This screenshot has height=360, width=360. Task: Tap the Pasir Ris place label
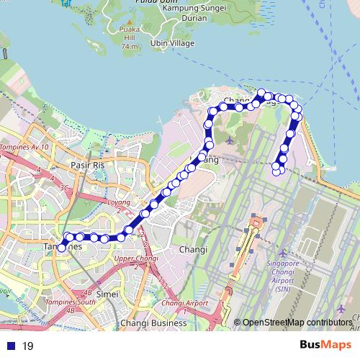tap(88, 165)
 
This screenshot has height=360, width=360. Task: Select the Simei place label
tap(107, 294)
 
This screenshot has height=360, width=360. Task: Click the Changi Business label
tap(153, 323)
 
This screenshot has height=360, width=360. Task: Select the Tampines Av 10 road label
tap(25, 147)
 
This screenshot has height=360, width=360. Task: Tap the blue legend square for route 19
tap(11, 346)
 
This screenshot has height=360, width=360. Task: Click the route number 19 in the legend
tap(27, 346)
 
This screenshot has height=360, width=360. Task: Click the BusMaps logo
tap(320, 345)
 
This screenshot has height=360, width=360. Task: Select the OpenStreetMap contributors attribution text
tap(297, 323)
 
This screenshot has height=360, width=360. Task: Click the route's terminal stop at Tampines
tap(62, 247)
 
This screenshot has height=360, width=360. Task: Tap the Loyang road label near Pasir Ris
tap(120, 202)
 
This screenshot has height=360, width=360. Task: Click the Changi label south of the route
tap(193, 250)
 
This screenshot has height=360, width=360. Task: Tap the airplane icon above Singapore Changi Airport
tap(282, 253)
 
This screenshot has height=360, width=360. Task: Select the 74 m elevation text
tap(130, 47)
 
